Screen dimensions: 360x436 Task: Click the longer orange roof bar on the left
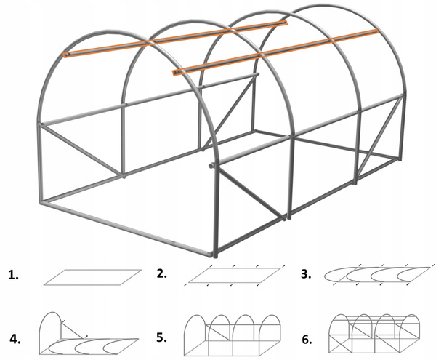point(174,39)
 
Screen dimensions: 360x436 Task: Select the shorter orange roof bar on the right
point(276,51)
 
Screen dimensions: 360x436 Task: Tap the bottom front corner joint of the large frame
point(215,254)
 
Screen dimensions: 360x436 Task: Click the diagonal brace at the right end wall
point(387,131)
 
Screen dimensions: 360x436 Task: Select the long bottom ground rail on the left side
point(127,229)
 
